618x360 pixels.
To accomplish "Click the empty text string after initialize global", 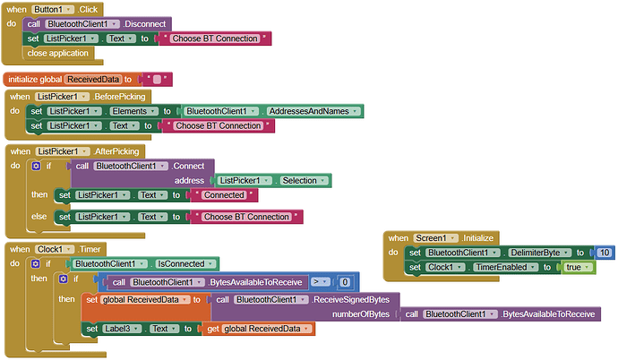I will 157,80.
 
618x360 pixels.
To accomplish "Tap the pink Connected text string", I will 224,195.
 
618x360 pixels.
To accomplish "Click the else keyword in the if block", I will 39,216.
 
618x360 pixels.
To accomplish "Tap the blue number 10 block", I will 604,253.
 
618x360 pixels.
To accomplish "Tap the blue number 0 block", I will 345,282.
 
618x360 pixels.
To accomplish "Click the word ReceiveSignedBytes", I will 353,299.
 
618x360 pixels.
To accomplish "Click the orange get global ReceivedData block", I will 261,330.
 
